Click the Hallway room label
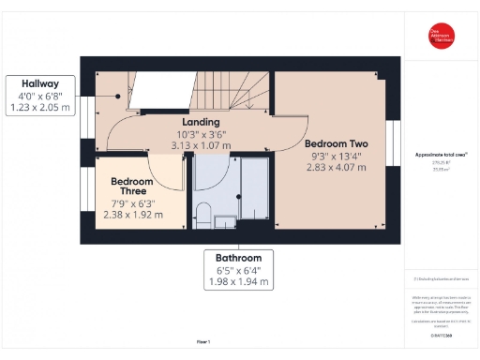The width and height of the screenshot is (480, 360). [41, 83]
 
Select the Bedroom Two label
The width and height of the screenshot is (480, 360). [336, 143]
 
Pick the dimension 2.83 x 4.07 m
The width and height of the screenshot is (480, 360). [336, 168]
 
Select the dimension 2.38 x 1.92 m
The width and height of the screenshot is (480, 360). [132, 215]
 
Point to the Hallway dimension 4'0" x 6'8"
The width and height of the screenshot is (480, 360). [41, 96]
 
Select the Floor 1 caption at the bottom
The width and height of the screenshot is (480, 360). [202, 341]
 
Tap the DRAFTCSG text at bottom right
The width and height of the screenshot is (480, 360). [441, 334]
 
